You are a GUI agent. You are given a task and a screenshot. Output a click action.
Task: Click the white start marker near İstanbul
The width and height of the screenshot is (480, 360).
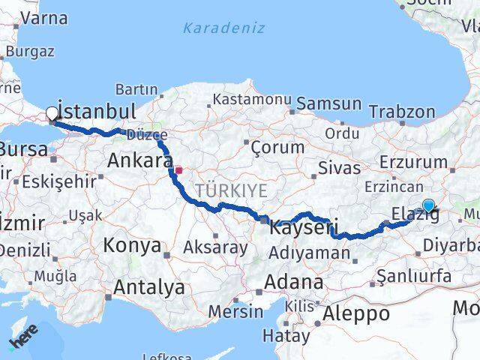[52, 114]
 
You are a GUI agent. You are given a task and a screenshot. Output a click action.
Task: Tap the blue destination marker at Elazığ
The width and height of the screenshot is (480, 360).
[428, 205]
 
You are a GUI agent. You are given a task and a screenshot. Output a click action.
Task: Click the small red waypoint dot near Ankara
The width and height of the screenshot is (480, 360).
[178, 169]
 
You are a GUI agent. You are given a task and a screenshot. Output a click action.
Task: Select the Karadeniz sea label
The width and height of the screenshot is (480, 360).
[214, 29]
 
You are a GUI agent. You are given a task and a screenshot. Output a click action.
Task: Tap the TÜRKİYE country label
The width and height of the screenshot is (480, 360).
[232, 191]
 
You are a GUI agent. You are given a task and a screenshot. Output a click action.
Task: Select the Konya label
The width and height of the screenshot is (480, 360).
[132, 245]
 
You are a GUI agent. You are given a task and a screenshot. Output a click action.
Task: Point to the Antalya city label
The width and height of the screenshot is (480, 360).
[148, 286]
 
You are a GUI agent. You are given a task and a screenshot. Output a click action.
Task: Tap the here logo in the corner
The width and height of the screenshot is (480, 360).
[24, 339]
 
